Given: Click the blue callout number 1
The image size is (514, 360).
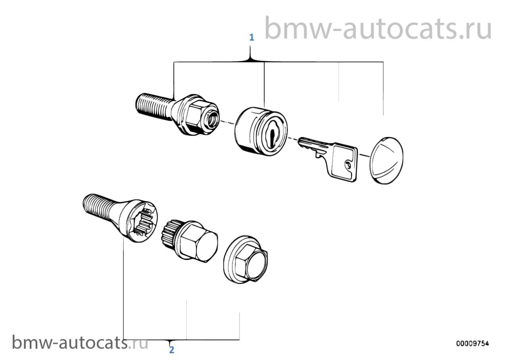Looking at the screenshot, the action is click(x=251, y=37).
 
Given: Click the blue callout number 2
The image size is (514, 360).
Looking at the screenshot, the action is click(x=172, y=350).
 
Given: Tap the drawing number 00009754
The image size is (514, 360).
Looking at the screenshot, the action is click(x=472, y=343).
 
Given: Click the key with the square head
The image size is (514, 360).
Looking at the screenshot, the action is click(x=328, y=158).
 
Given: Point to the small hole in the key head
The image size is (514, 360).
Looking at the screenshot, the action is click(x=348, y=164).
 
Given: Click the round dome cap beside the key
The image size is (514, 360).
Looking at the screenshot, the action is click(x=386, y=160).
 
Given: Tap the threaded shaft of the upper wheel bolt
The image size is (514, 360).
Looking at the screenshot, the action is click(x=154, y=106).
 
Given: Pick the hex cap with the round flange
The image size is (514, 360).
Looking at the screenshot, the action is click(x=245, y=259).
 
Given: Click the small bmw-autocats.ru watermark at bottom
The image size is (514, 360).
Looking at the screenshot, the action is click(x=80, y=343).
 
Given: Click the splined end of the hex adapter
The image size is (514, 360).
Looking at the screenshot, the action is click(x=170, y=233).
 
